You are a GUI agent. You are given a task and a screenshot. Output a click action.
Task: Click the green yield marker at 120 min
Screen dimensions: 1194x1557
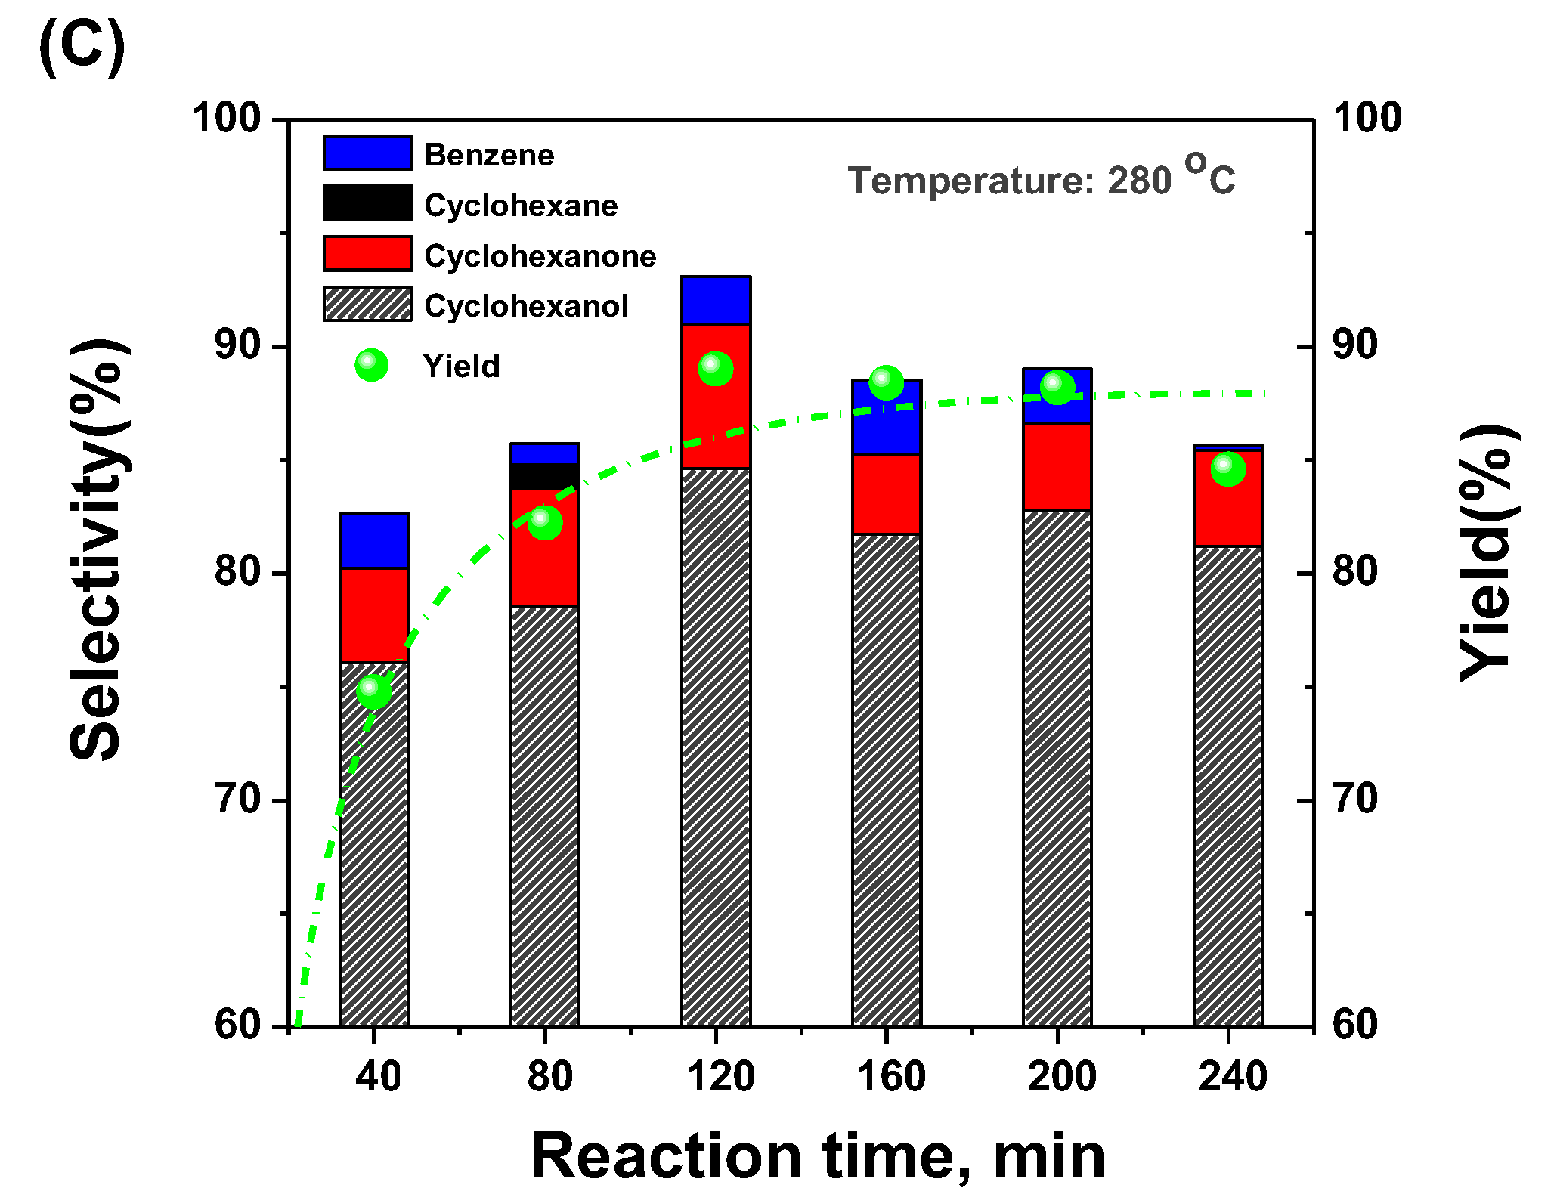click(716, 369)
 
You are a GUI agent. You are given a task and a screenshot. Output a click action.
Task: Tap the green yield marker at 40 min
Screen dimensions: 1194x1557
click(373, 691)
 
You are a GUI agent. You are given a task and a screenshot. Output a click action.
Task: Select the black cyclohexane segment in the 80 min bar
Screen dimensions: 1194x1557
click(545, 477)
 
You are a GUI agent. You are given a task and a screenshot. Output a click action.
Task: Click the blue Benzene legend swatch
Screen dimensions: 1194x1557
click(368, 153)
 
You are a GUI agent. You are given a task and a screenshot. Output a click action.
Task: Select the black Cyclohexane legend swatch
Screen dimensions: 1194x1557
click(368, 203)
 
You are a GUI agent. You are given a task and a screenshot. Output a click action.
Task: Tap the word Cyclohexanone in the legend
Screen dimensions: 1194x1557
click(540, 256)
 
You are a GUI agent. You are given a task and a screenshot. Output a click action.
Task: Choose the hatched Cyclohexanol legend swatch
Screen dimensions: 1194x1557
click(368, 305)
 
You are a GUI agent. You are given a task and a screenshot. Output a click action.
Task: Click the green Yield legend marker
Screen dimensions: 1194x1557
click(371, 366)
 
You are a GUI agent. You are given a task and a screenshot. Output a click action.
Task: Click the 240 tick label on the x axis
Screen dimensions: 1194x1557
click(1232, 1076)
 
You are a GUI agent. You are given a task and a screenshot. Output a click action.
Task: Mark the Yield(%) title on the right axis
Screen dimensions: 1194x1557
click(1486, 552)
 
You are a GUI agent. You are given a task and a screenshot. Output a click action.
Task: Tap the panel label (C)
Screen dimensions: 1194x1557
click(82, 47)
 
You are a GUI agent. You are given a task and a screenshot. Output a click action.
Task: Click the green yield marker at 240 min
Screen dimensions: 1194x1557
click(1228, 469)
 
